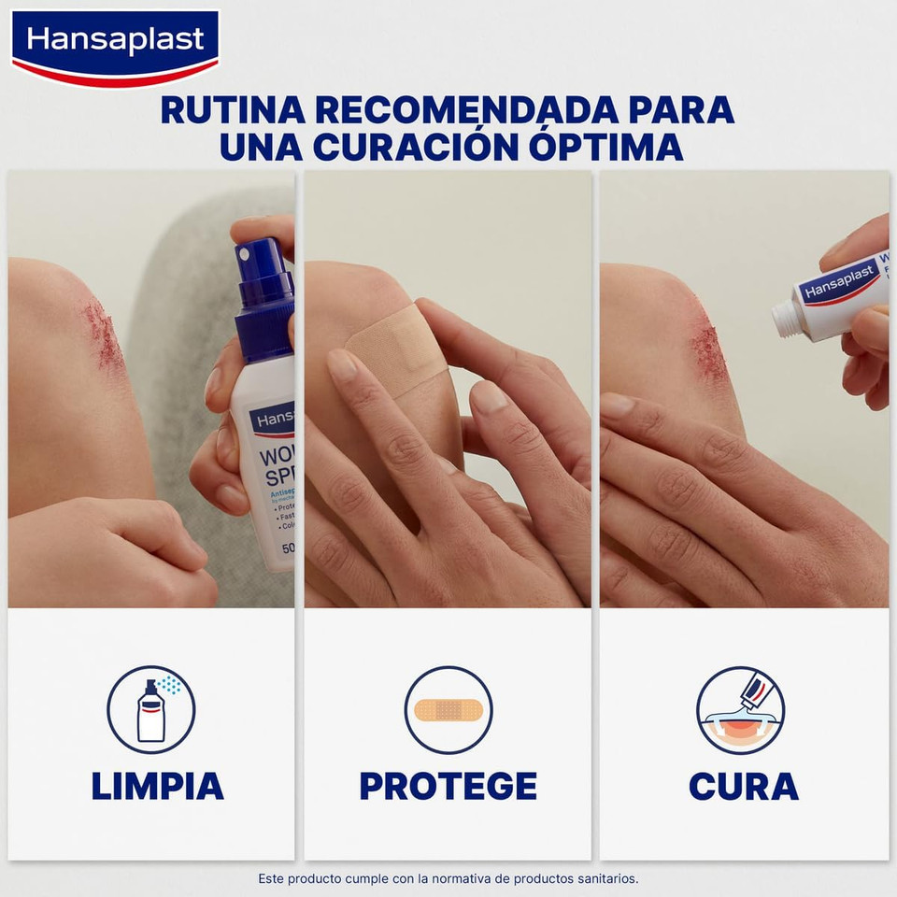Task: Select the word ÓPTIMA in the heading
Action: (x=604, y=147)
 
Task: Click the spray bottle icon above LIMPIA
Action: (x=151, y=710)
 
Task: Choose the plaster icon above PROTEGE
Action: (x=448, y=710)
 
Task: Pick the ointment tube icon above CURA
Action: (x=741, y=710)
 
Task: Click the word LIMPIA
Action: (x=157, y=786)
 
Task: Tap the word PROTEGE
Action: (x=448, y=786)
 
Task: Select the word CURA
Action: (x=743, y=786)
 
